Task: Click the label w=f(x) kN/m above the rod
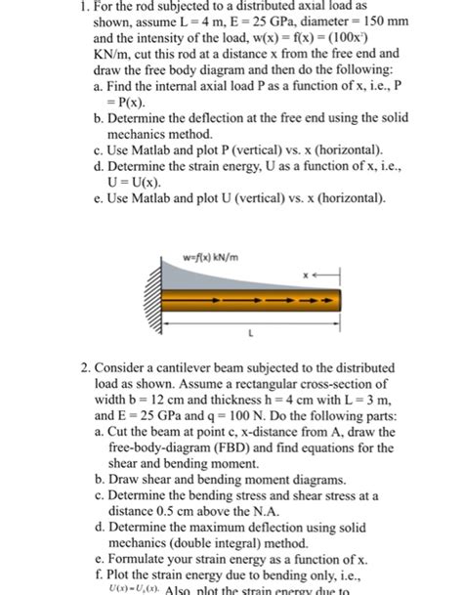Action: [x=207, y=258]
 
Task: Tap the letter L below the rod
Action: [x=252, y=332]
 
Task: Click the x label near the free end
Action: [x=305, y=276]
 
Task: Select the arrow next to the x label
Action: [x=323, y=276]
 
